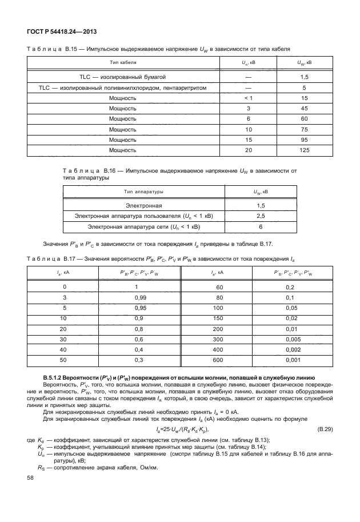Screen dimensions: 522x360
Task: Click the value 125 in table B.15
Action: pyautogui.click(x=304, y=150)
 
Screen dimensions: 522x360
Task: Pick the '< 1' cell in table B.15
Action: pyautogui.click(x=248, y=98)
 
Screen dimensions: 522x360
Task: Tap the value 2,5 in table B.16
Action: pyautogui.click(x=261, y=216)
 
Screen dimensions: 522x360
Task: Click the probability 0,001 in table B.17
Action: pyautogui.click(x=293, y=360)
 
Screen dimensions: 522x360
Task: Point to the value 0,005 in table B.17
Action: pyautogui.click(x=293, y=339)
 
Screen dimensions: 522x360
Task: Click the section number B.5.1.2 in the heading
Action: pyautogui.click(x=57, y=378)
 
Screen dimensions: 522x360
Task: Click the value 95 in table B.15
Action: pyautogui.click(x=304, y=140)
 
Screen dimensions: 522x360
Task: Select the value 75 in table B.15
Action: pyautogui.click(x=304, y=129)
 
